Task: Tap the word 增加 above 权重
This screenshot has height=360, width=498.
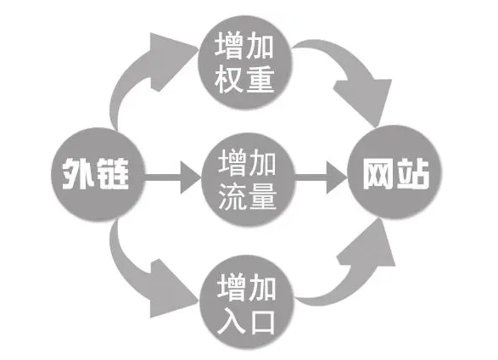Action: pos(245,45)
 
